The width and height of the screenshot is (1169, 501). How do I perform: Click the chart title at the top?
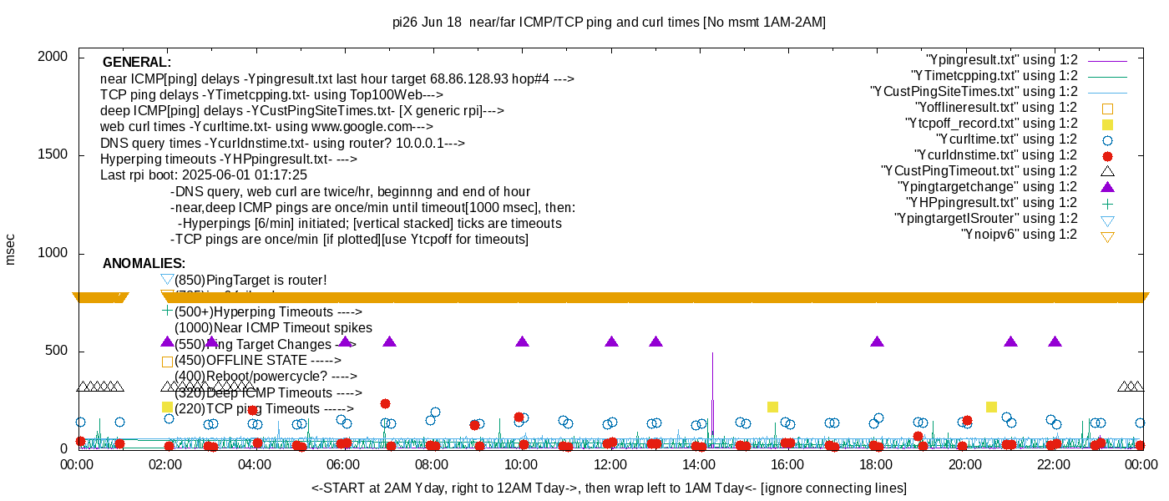(609, 23)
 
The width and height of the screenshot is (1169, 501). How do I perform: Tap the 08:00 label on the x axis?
(432, 465)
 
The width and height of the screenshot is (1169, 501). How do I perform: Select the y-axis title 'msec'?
(11, 249)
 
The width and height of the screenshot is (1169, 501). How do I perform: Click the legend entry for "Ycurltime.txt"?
(1007, 139)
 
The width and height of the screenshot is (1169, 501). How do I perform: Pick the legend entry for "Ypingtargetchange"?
(987, 187)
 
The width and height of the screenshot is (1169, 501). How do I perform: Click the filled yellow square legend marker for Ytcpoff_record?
(1108, 124)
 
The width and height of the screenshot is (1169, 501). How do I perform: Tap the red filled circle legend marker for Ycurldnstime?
(1108, 155)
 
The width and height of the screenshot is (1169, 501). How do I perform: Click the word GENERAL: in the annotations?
(137, 63)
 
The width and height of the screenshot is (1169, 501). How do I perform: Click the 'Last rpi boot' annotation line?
(204, 175)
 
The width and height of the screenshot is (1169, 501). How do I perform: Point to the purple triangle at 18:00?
(877, 342)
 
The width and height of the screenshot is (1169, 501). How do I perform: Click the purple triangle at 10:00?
(523, 342)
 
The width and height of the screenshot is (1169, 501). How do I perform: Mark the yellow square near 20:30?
(991, 407)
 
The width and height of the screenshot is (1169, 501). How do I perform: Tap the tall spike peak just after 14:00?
(712, 354)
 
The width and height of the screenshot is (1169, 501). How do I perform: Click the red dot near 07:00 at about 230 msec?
(385, 403)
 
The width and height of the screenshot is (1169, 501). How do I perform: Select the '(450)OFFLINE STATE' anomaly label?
(258, 361)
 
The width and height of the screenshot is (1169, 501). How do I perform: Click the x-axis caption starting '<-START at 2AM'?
(609, 488)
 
